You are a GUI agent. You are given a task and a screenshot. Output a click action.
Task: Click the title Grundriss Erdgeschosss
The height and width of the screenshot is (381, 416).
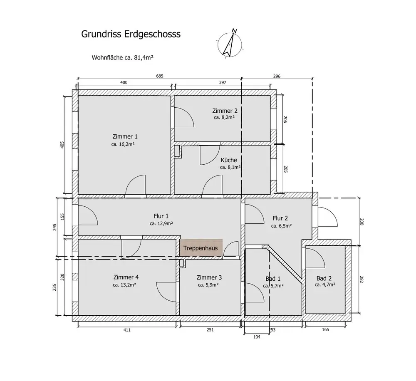point(131,34)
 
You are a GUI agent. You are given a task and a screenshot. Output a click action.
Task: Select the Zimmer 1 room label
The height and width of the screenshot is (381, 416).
point(125,136)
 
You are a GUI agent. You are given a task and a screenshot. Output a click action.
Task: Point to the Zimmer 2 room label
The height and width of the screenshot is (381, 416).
point(225,111)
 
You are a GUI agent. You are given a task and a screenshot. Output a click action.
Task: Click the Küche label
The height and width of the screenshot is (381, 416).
point(229,160)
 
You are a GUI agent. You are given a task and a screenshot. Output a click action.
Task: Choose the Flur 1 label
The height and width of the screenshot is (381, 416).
point(161,216)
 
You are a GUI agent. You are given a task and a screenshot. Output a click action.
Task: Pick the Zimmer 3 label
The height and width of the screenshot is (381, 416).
point(209,277)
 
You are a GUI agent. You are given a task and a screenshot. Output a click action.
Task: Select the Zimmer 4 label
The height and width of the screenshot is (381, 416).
point(126,277)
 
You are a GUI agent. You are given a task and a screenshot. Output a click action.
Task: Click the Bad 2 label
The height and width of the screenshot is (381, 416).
point(324,278)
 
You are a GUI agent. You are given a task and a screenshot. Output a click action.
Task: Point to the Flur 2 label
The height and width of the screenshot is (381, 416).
point(280,218)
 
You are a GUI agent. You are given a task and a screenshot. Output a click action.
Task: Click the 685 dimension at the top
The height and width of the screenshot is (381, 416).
point(160,76)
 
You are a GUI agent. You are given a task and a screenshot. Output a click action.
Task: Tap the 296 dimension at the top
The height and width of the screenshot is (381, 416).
point(277,76)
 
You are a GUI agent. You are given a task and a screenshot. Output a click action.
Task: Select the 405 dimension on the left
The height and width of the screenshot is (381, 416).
point(62,145)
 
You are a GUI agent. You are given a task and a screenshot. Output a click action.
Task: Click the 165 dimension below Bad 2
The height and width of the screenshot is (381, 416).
point(325,330)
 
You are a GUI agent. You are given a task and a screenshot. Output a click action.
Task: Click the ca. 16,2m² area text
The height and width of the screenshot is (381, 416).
point(125,144)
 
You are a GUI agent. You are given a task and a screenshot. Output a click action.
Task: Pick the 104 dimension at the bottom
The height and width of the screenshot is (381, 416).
point(257,337)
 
